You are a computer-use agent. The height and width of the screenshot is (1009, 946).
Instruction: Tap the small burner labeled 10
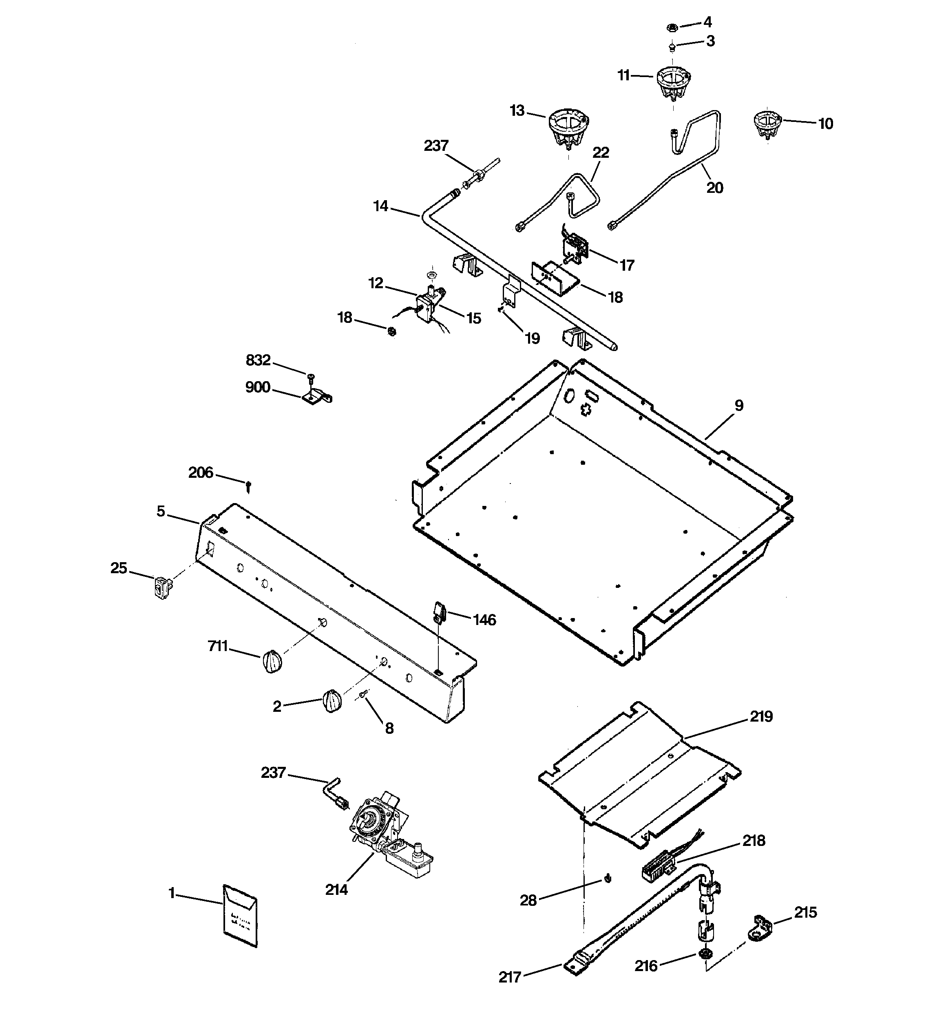pyautogui.click(x=767, y=124)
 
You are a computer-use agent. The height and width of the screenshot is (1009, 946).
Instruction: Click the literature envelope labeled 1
pyautogui.click(x=240, y=916)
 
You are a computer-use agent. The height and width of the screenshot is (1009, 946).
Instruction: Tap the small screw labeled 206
pyautogui.click(x=248, y=487)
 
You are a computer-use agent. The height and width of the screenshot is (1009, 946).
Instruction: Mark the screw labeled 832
pyautogui.click(x=310, y=376)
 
